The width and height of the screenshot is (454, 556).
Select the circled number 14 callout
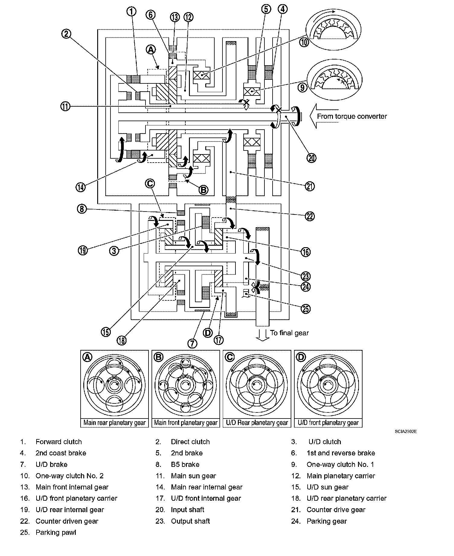point(81,187)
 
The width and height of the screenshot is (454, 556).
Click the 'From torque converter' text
point(352,116)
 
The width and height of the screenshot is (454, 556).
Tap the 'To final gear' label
point(289,333)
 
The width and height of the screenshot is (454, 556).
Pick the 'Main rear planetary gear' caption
point(114,422)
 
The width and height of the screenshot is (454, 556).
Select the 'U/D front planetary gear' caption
point(328,422)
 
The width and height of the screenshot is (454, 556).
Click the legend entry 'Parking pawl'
point(56,532)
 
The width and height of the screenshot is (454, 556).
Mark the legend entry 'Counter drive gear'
point(336,510)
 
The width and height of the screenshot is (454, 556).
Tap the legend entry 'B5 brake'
point(185,464)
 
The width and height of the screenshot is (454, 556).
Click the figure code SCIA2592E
point(406,432)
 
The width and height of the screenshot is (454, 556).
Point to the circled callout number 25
point(305,309)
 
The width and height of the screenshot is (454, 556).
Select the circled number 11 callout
point(65,106)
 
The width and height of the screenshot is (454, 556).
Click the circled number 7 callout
point(192,343)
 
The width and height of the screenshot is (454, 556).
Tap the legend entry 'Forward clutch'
point(59,442)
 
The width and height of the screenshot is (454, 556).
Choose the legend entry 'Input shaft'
point(187,510)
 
